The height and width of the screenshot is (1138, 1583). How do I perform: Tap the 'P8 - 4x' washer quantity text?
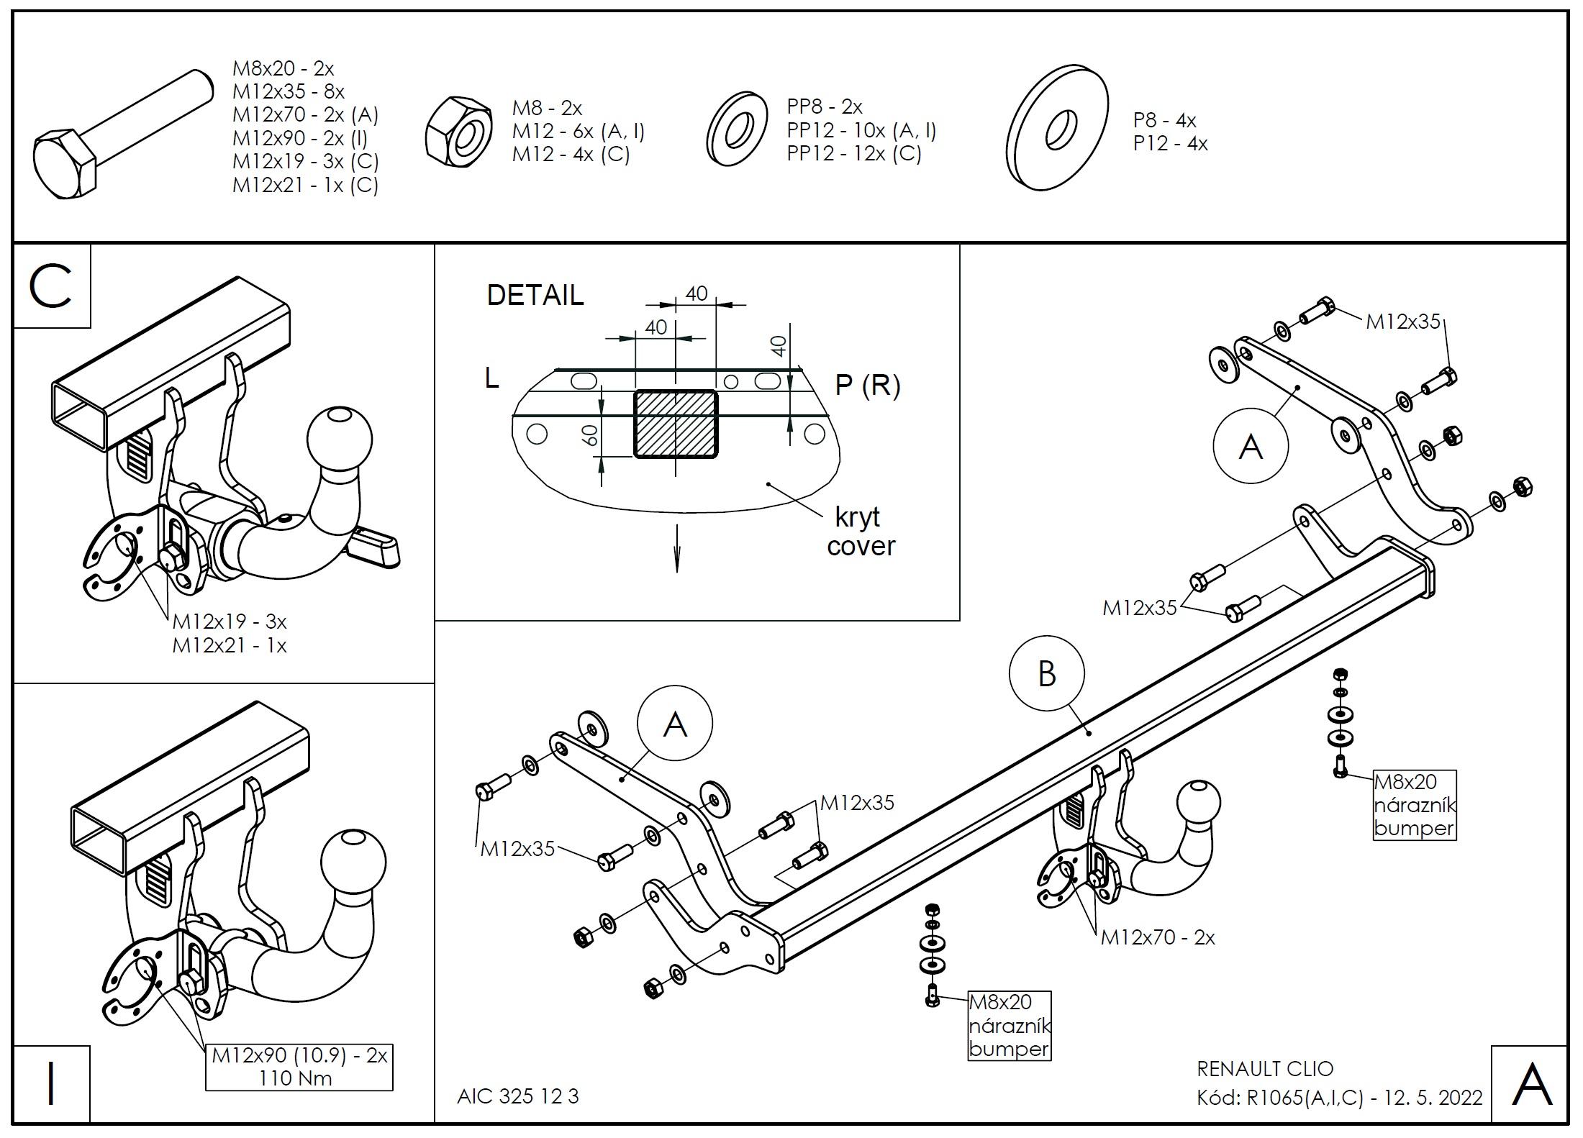(1164, 120)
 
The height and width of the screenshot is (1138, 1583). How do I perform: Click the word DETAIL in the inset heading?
(535, 296)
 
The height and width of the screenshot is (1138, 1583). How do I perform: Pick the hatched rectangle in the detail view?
(675, 424)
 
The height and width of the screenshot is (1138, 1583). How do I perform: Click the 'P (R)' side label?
(867, 386)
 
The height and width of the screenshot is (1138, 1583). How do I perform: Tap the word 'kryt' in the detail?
(857, 516)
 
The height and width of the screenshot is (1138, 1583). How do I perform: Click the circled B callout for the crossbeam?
(1046, 674)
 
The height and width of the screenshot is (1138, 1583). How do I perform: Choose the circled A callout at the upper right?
(1251, 447)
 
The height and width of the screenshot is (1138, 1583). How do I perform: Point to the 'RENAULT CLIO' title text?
(1265, 1069)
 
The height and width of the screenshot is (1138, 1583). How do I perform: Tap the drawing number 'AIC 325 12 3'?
(517, 1096)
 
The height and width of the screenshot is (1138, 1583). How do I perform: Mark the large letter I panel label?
(50, 1085)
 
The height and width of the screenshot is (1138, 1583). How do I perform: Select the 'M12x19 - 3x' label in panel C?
(230, 621)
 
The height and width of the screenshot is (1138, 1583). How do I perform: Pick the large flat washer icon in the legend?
(1057, 128)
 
